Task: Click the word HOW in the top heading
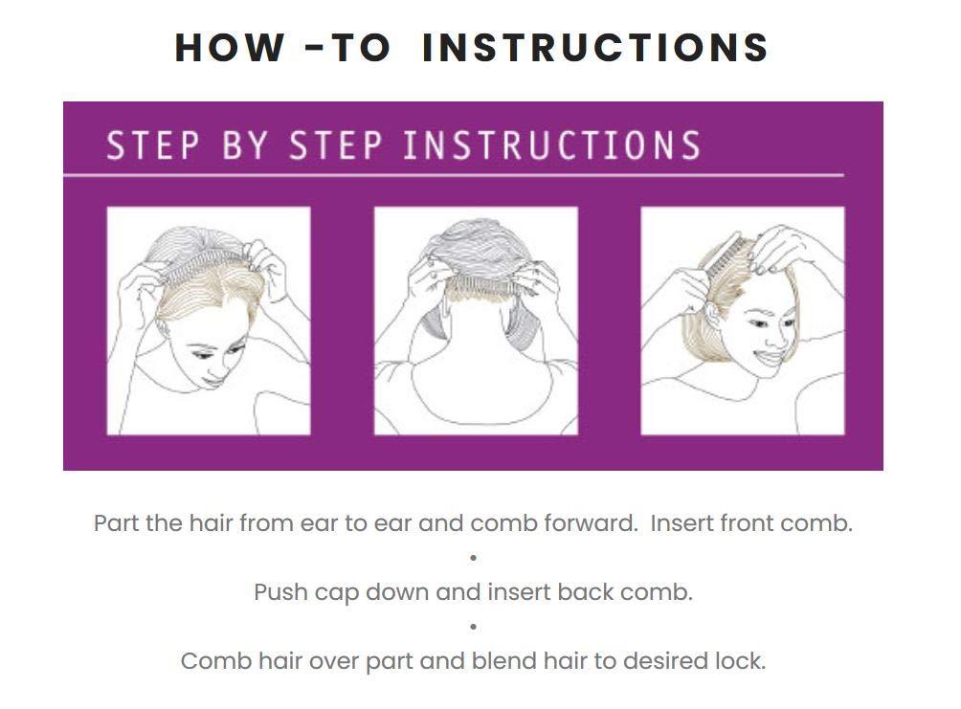pos(230,47)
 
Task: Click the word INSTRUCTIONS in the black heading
pos(595,47)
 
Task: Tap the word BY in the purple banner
pos(245,145)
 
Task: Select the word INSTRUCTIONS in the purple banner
pos(551,145)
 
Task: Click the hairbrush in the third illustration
pos(727,258)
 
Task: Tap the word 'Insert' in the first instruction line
pos(682,523)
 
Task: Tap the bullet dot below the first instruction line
pos(473,558)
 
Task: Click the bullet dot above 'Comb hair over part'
pos(473,627)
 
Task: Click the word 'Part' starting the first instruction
pos(116,523)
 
